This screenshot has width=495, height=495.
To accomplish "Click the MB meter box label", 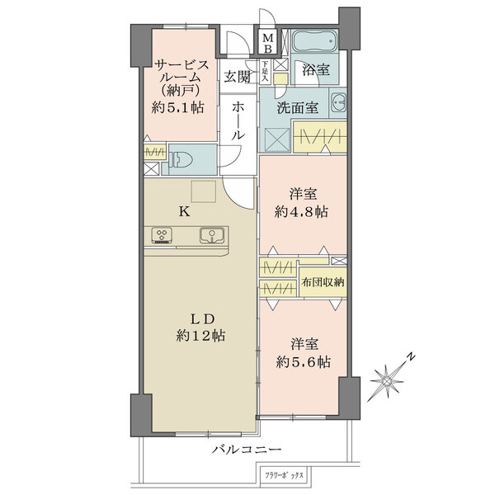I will [x=269, y=40].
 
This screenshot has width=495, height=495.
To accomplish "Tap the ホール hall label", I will [x=238, y=120].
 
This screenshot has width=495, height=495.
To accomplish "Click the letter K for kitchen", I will [x=186, y=211].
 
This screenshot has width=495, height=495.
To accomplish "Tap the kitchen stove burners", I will [x=161, y=237].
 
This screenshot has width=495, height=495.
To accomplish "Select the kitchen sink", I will [x=212, y=237].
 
